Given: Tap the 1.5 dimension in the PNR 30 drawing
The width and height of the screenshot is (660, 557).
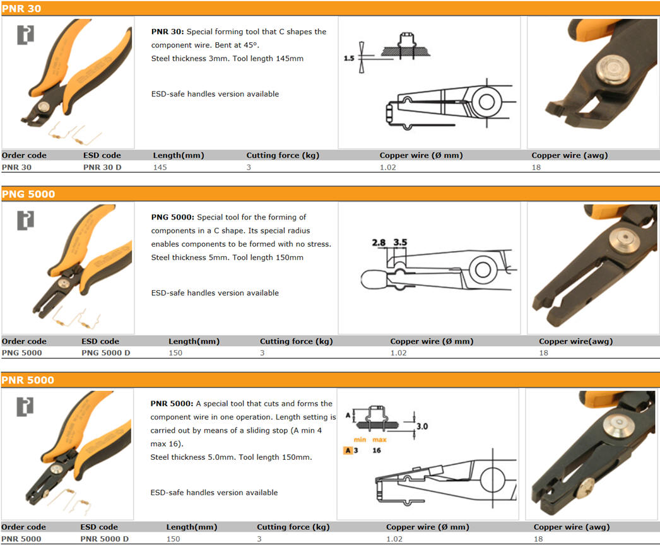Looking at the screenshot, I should click(x=349, y=58).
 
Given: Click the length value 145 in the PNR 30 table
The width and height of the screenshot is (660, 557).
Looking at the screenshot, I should click(x=162, y=167).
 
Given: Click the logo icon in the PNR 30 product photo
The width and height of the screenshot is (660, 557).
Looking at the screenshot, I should click(x=25, y=35).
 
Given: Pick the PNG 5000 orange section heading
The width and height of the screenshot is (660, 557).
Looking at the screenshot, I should click(x=28, y=194).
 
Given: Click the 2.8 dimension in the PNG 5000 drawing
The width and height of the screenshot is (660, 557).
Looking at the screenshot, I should click(x=379, y=242).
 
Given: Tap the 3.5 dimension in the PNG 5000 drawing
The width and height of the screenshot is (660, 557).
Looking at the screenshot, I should click(x=400, y=242).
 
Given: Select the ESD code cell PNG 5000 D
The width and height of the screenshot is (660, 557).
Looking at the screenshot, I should click(x=105, y=353).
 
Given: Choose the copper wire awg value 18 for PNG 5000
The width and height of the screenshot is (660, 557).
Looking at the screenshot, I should click(x=543, y=353).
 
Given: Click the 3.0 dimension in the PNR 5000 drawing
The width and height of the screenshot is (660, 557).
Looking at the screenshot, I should click(x=421, y=426).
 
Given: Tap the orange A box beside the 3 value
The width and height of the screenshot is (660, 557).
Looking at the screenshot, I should click(x=347, y=450).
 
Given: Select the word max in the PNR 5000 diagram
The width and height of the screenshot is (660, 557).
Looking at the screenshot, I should click(x=379, y=439).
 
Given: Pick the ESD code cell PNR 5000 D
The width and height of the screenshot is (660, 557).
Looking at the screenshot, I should click(x=104, y=539).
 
